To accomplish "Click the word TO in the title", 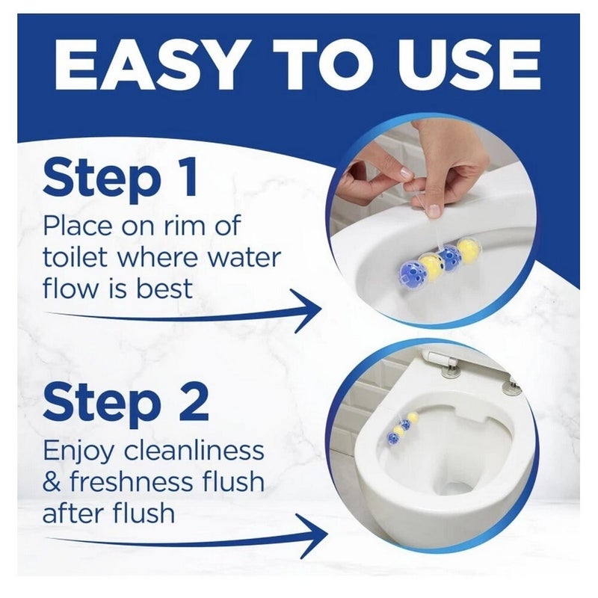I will coord(322,65).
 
